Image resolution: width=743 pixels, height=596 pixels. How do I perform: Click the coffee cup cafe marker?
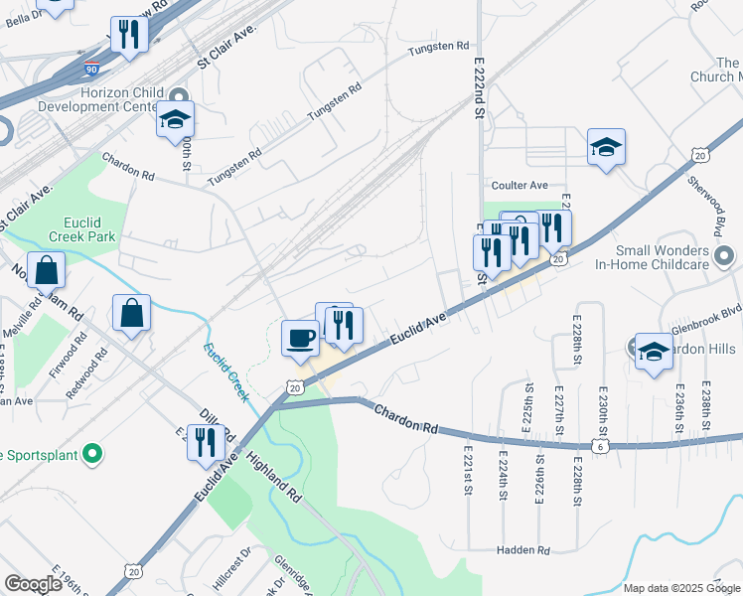[300, 338]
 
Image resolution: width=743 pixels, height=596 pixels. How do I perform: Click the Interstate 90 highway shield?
[91, 70]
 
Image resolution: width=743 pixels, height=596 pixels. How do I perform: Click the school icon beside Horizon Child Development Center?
[175, 120]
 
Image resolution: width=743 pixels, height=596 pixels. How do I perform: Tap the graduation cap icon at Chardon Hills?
[653, 352]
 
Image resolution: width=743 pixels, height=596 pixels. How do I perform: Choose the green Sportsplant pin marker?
[92, 455]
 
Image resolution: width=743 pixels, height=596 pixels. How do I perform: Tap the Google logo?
[33, 584]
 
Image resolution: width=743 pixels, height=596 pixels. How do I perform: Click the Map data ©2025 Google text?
[681, 588]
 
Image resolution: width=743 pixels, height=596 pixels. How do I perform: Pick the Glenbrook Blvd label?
[707, 310]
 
